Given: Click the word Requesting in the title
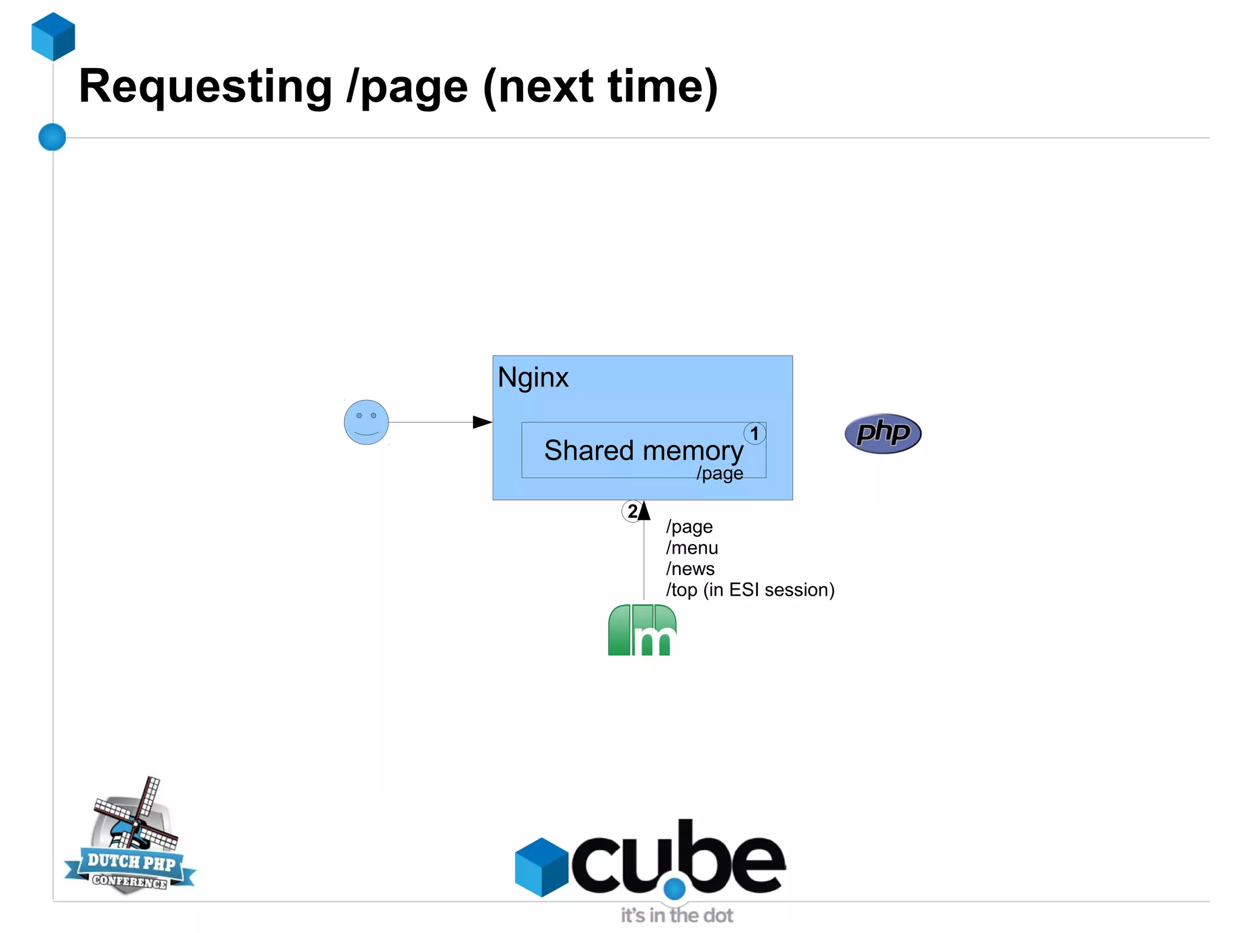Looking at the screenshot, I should tap(205, 87).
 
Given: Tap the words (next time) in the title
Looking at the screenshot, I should tap(600, 87).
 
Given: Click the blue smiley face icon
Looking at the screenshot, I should tap(366, 422).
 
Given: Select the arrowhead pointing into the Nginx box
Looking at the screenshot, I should tap(482, 422).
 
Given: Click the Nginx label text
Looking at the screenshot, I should tap(533, 377).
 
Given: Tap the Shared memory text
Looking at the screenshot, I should tap(643, 450).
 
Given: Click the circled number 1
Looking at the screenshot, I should tap(754, 433).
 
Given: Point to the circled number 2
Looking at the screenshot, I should tap(632, 511).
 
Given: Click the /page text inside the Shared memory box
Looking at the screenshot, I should tap(720, 473).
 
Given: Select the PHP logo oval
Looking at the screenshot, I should tap(883, 433).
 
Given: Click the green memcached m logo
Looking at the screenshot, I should tap(642, 630).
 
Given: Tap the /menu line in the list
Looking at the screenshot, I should tap(692, 548).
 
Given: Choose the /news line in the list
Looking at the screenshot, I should tap(690, 569).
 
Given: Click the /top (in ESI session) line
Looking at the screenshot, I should tap(750, 590).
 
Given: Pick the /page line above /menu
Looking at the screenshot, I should tap(689, 526).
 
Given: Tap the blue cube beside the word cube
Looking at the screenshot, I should tap(541, 867).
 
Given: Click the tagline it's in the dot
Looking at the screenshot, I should tap(677, 915).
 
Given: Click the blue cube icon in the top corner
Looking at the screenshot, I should tap(53, 36).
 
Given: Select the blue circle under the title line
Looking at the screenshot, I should tap(52, 137).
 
